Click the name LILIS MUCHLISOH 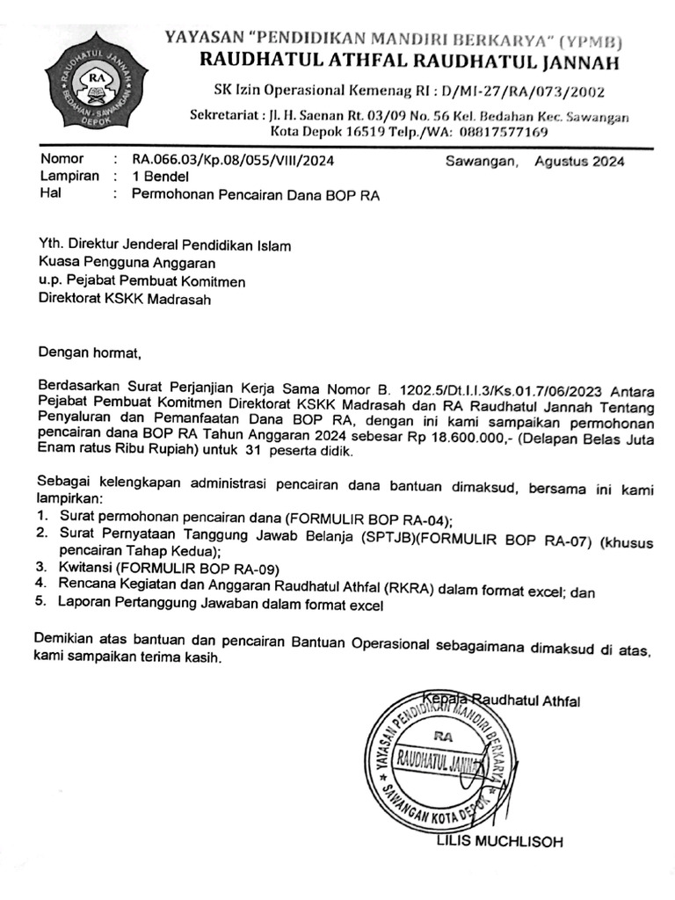(x=499, y=841)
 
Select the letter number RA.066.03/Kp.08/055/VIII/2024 (x=233, y=161)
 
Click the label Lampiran (x=68, y=177)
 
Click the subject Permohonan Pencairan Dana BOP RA (x=255, y=195)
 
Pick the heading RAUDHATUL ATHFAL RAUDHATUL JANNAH (x=410, y=62)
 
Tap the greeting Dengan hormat (x=89, y=353)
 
